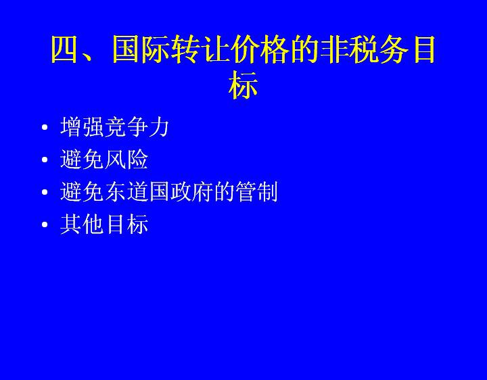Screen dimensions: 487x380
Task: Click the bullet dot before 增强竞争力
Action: tap(45, 127)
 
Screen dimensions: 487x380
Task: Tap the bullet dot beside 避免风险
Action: tap(45, 160)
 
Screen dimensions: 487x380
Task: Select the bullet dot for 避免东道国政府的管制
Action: tap(45, 192)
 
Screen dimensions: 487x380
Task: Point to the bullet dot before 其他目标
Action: tap(45, 224)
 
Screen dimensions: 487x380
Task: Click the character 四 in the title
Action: tap(64, 49)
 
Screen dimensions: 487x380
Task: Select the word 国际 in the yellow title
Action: tap(141, 49)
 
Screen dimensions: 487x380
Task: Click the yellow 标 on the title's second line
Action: tap(243, 85)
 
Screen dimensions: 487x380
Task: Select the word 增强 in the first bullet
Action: tap(82, 127)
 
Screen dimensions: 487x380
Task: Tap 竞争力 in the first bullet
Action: tap(137, 127)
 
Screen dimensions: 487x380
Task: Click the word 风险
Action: tap(126, 160)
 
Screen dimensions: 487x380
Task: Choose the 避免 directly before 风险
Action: tap(82, 160)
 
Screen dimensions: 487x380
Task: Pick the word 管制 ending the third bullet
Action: tap(256, 192)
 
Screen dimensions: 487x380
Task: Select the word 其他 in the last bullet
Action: tap(82, 224)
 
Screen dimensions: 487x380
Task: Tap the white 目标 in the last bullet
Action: tap(126, 224)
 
